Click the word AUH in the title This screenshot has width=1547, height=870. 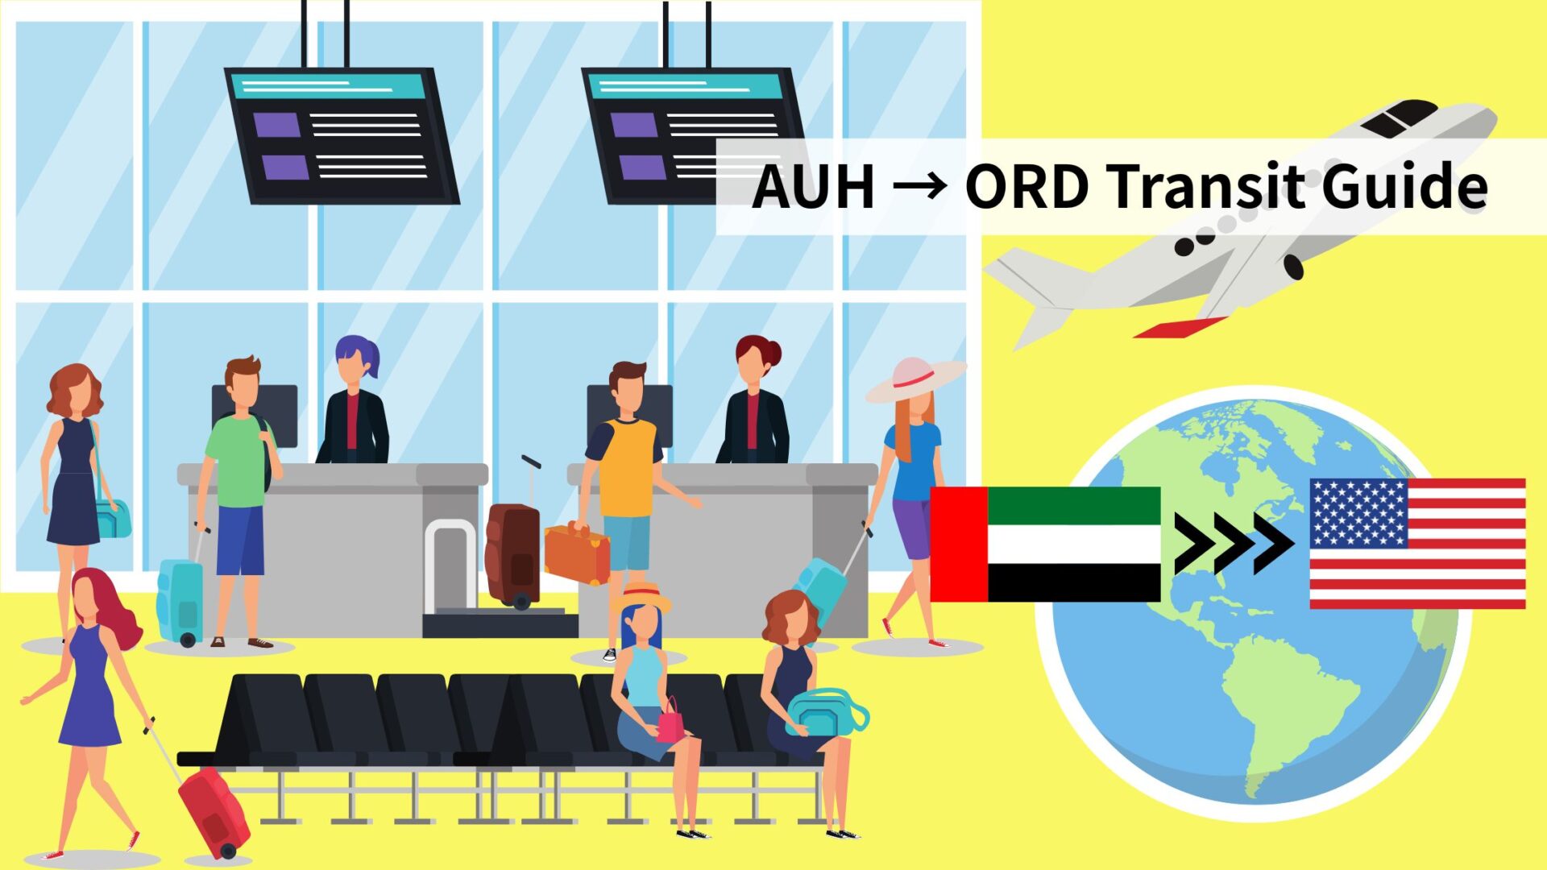(x=813, y=187)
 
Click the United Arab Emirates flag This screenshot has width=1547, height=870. (x=1045, y=544)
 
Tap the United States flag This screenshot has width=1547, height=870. (x=1417, y=543)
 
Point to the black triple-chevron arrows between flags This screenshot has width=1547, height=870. (x=1233, y=544)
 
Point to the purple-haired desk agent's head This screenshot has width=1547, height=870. (x=355, y=361)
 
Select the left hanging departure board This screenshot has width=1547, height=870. (x=342, y=135)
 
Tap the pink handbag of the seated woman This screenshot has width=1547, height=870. (x=670, y=722)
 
